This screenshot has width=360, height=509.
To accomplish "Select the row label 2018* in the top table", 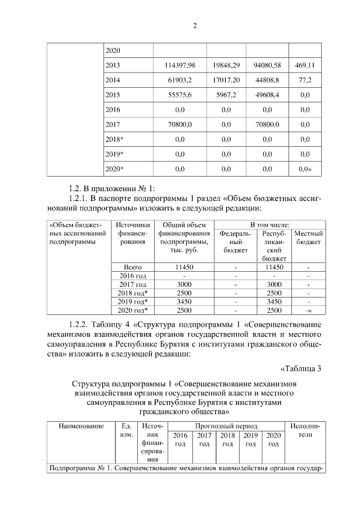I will click(114, 138).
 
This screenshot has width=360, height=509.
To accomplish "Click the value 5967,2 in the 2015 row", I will click(230, 94).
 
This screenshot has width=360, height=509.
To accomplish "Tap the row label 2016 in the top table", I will click(113, 109).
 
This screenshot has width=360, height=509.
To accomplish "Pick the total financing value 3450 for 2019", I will click(183, 301).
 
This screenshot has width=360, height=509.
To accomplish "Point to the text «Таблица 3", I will click(300, 369).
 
